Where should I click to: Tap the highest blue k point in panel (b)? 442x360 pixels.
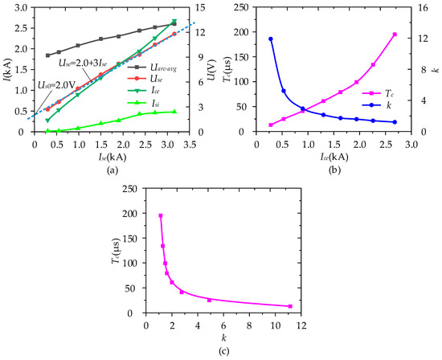pyautogui.click(x=271, y=39)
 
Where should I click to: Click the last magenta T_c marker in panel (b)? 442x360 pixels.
pyautogui.click(x=395, y=34)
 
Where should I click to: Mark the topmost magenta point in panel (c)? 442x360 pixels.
pyautogui.click(x=161, y=215)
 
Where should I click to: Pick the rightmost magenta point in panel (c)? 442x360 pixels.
pyautogui.click(x=290, y=306)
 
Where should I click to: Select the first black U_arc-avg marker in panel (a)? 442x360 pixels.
pyautogui.click(x=47, y=55)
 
